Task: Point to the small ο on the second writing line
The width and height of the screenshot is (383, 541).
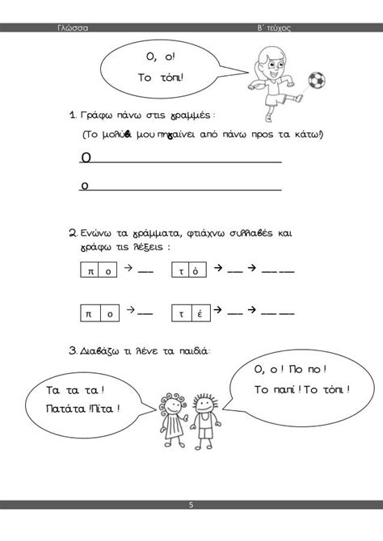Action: tap(85, 185)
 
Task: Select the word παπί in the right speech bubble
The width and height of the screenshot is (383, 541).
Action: tap(278, 391)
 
